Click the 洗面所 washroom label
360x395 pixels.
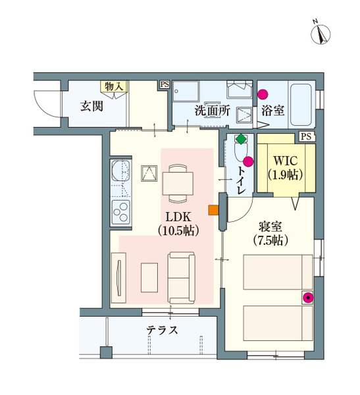pos(211,111)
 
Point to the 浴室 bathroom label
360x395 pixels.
pos(272,110)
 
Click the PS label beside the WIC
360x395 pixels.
pos(305,136)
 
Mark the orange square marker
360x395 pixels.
pos(213,211)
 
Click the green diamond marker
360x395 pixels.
pos(242,139)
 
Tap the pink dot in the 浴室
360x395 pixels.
pos(263,95)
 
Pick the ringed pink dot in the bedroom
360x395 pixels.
pos(307,298)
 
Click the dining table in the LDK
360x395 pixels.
pos(177,182)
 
